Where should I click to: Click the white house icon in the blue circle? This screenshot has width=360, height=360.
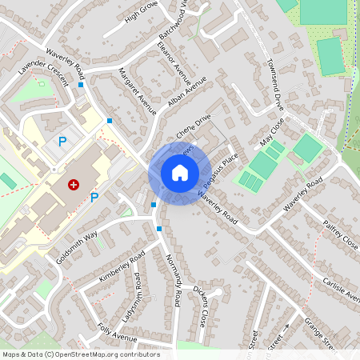click(180, 173)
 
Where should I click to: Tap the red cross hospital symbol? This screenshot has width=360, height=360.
click(74, 184)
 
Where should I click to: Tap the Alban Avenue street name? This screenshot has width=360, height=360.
click(187, 94)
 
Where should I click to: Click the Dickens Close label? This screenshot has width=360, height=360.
click(204, 310)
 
